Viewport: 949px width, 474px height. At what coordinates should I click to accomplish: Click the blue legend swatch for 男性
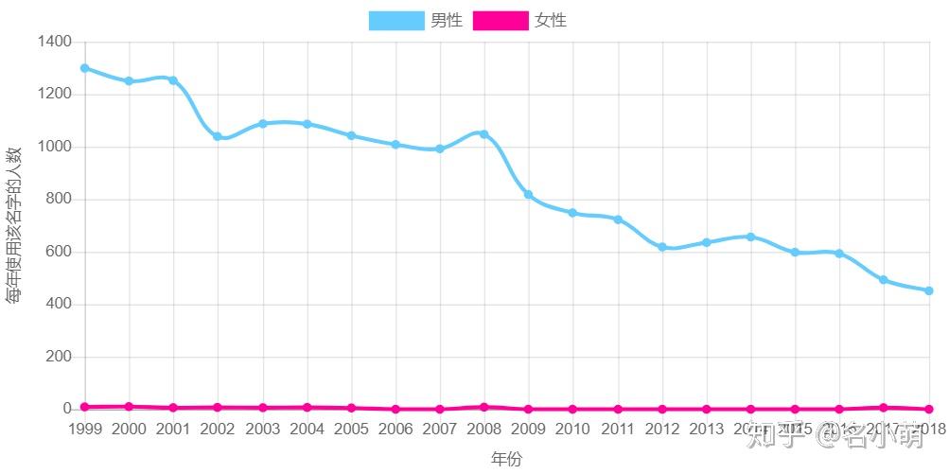click(395, 21)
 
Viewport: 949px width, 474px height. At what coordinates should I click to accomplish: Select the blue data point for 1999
click(84, 68)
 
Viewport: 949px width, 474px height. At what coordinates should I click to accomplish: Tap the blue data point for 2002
click(218, 136)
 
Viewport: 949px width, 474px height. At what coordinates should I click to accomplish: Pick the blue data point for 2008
click(483, 134)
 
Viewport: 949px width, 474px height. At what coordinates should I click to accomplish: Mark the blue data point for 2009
click(528, 195)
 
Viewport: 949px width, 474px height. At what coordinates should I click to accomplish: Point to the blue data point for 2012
click(662, 247)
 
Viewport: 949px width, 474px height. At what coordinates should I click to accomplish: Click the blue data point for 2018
click(929, 290)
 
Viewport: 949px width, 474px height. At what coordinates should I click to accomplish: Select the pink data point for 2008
click(483, 407)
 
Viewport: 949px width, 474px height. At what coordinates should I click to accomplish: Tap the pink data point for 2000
click(129, 407)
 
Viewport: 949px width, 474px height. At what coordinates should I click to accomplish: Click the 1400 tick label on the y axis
click(54, 42)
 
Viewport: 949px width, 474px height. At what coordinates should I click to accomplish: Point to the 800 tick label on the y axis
click(58, 200)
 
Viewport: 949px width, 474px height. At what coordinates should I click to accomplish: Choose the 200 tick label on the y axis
click(58, 358)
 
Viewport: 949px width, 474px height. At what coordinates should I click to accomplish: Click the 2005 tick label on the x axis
click(351, 429)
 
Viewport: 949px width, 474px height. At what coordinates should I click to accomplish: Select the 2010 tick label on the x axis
click(572, 429)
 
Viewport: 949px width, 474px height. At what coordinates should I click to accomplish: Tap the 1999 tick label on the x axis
click(85, 429)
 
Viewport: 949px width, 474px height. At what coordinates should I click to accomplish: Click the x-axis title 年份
click(506, 459)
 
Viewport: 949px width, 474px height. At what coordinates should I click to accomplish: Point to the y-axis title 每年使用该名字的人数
click(14, 225)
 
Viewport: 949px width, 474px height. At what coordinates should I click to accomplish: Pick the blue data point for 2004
click(307, 124)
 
